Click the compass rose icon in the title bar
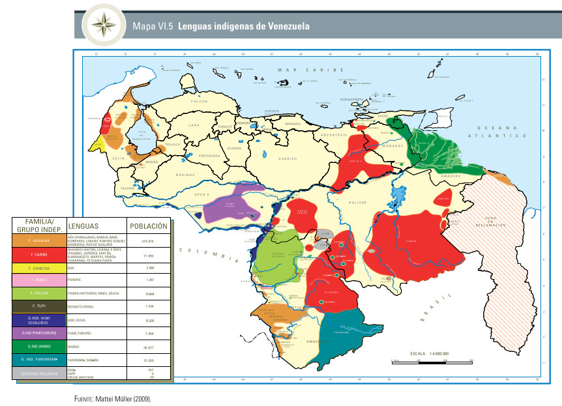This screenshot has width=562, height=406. coord(102,25)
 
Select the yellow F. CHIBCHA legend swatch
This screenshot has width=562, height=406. coord(38,268)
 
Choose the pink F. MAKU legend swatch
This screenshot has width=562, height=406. coord(38,280)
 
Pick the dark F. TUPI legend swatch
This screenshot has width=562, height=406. coord(38,306)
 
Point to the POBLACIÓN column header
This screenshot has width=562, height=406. coord(149,226)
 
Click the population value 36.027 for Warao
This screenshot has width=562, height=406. coord(149,346)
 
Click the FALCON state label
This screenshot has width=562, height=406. coord(199,102)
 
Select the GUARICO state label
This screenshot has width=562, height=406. coord(288,158)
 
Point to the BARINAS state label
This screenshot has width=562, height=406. coord(185,175)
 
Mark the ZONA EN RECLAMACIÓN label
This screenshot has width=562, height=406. coord(495,221)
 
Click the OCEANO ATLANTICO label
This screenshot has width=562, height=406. coord(501,132)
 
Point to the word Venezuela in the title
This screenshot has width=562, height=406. coord(286,27)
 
